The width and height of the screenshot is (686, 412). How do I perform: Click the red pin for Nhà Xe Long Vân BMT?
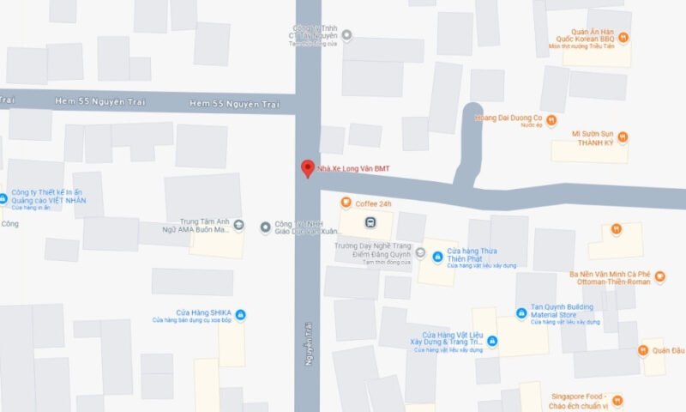pos(306,168)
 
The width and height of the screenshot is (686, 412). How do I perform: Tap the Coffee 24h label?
pos(373,203)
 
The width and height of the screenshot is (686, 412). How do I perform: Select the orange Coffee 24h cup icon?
pos(346,203)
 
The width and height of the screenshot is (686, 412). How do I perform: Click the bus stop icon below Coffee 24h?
pos(370,223)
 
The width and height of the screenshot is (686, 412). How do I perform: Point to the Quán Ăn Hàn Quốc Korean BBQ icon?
pos(624,37)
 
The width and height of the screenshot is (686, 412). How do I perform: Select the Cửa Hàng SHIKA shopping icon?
pos(240,315)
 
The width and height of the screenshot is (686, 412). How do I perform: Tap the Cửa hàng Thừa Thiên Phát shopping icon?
pos(437,257)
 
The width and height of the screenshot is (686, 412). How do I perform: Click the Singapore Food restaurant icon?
pos(617,400)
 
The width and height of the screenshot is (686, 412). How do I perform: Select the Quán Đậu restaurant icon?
pos(642,350)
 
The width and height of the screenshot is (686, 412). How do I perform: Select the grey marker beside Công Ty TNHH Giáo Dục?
pos(264,227)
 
